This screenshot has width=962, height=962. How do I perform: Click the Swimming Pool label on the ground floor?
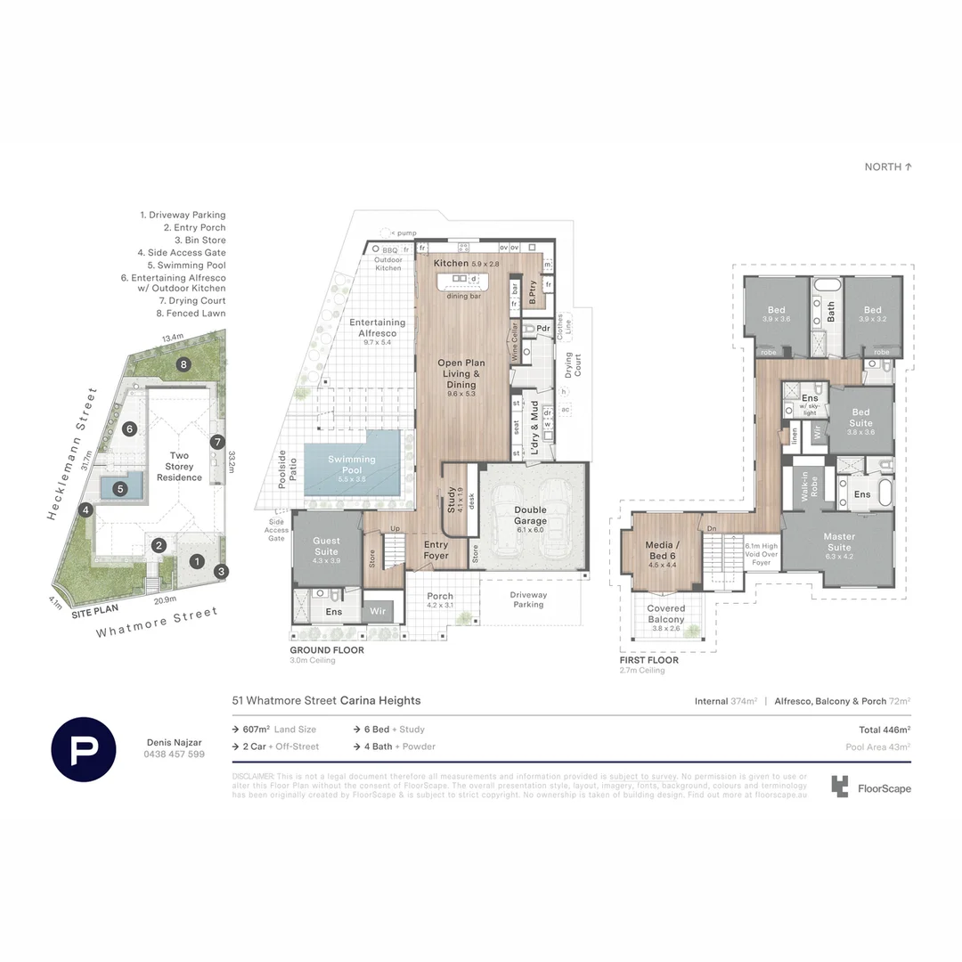pyautogui.click(x=351, y=465)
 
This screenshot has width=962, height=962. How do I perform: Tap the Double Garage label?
pyautogui.click(x=532, y=516)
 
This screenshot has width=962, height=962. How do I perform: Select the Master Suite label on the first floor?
pyautogui.click(x=838, y=542)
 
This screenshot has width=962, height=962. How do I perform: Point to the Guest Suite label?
pyautogui.click(x=327, y=545)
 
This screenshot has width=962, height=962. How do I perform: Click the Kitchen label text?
pyautogui.click(x=451, y=264)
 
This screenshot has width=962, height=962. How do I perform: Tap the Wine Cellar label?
pyautogui.click(x=515, y=339)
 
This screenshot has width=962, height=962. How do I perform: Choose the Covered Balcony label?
pyautogui.click(x=666, y=614)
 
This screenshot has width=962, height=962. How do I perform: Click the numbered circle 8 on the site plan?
pyautogui.click(x=183, y=363)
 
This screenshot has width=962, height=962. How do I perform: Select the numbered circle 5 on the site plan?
pyautogui.click(x=120, y=488)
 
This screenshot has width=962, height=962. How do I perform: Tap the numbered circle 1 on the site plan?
pyautogui.click(x=197, y=561)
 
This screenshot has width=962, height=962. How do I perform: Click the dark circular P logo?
pyautogui.click(x=84, y=749)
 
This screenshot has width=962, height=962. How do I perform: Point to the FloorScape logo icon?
pyautogui.click(x=839, y=786)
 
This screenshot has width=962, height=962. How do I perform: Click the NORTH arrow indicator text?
pyautogui.click(x=888, y=167)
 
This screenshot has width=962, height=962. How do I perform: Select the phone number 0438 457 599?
pyautogui.click(x=175, y=754)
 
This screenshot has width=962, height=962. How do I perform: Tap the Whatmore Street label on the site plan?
pyautogui.click(x=157, y=623)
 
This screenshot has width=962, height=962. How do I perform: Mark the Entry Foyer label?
pyautogui.click(x=436, y=550)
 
